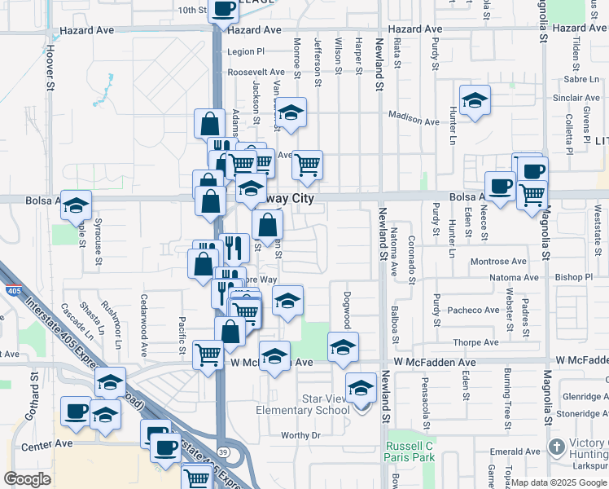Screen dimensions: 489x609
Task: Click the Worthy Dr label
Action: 300,435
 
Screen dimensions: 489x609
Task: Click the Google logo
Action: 27,479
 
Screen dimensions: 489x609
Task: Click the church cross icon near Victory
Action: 556,447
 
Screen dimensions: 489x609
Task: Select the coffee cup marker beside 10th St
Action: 224,9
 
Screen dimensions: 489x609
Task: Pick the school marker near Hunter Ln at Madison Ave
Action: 475,101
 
